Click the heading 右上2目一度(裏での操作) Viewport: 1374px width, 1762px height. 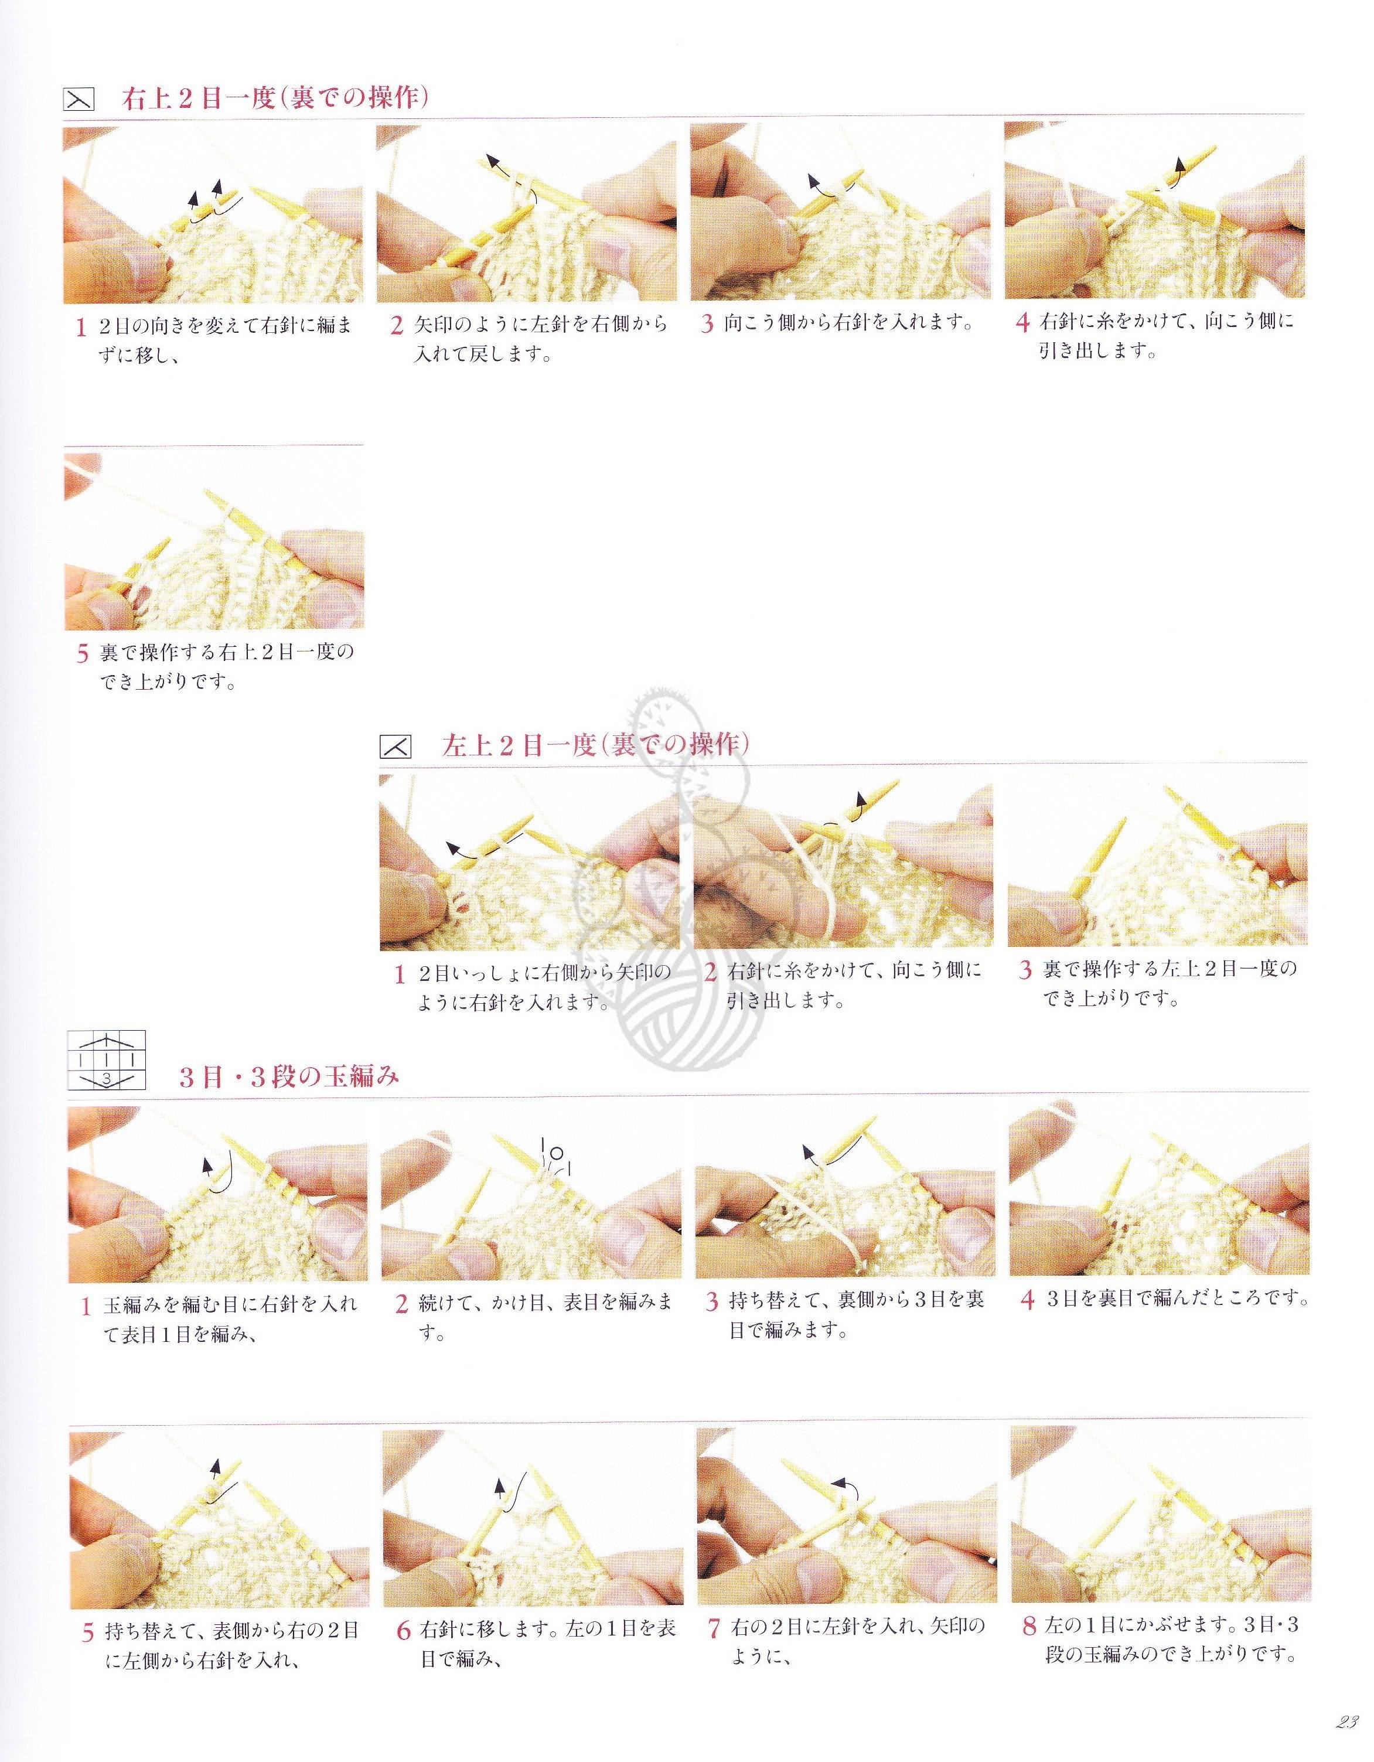pos(274,99)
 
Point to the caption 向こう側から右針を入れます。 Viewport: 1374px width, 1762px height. pos(848,324)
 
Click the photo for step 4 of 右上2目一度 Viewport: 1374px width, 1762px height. pos(1155,214)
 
